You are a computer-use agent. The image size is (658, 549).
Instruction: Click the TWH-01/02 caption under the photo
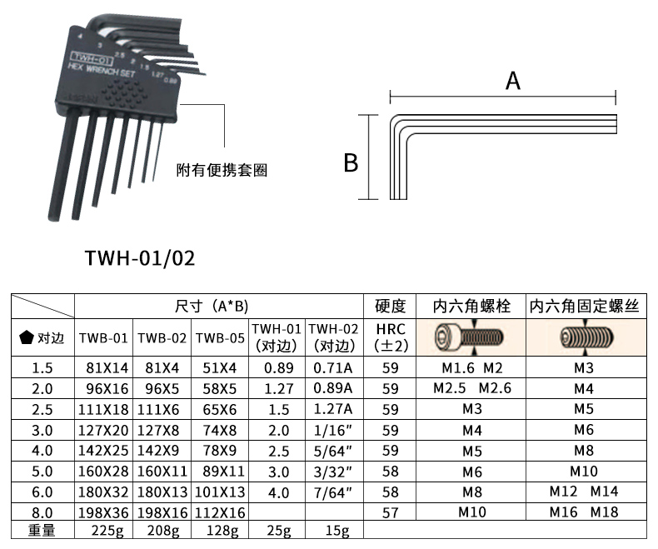(x=140, y=257)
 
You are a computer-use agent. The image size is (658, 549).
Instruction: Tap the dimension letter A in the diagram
(x=513, y=81)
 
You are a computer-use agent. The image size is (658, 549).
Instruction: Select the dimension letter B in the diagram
(x=351, y=162)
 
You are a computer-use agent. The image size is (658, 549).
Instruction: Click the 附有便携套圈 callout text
(x=222, y=170)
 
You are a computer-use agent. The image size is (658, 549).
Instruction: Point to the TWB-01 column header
(x=104, y=337)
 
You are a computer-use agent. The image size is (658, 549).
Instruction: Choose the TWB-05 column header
(x=221, y=337)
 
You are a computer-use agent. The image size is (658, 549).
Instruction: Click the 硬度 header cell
(x=391, y=306)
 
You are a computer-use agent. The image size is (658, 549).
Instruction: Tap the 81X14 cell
(x=104, y=367)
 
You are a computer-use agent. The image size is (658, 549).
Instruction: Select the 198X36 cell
(x=104, y=512)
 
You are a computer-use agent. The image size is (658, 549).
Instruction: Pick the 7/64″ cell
(x=334, y=492)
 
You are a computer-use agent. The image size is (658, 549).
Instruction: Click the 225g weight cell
(x=104, y=530)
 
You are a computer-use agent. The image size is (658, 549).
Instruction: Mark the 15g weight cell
(x=334, y=530)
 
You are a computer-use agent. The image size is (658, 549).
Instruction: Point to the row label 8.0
(x=42, y=512)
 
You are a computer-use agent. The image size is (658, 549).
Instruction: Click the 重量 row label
(x=42, y=530)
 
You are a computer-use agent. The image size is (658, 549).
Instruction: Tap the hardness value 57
(x=391, y=512)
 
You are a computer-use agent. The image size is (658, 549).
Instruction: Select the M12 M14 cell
(x=584, y=492)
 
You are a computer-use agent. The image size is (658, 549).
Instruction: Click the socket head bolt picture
(x=471, y=337)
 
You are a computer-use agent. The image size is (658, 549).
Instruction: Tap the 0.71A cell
(x=334, y=367)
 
